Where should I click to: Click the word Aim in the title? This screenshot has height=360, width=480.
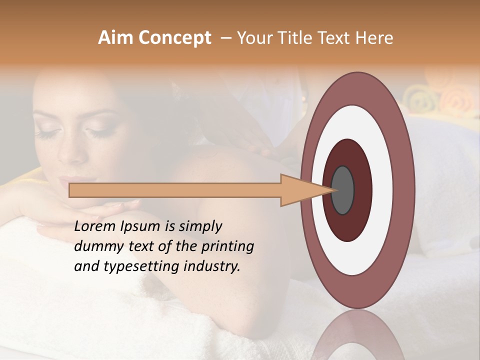[115, 38]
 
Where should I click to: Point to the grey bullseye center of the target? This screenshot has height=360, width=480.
[343, 190]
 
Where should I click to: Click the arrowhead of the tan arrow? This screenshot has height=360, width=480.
[300, 190]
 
